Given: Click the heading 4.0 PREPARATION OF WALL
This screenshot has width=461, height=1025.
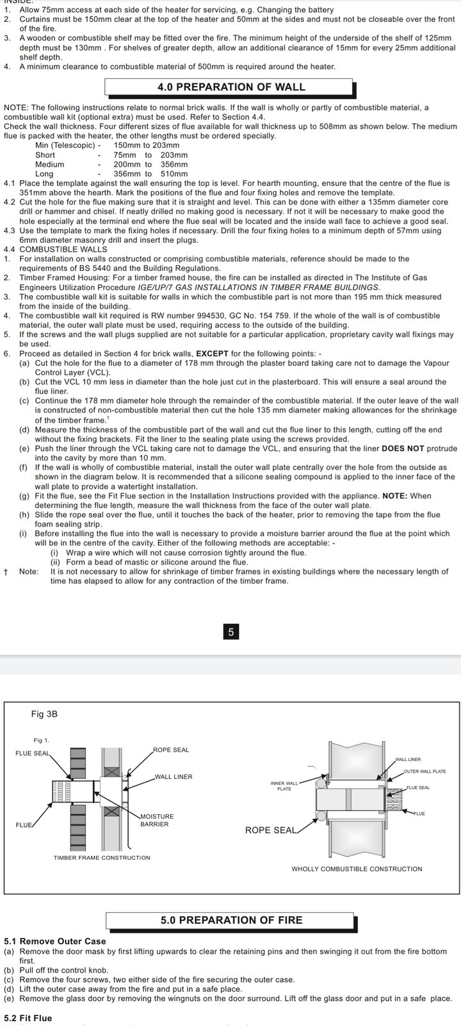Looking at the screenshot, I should (x=231, y=87).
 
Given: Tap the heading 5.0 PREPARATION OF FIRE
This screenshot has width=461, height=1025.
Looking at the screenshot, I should (x=231, y=920).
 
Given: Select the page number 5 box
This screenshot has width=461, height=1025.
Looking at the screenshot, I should (x=230, y=632).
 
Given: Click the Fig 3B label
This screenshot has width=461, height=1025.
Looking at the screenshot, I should (x=44, y=714).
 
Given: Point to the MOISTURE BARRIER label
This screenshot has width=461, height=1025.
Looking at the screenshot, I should (x=157, y=820).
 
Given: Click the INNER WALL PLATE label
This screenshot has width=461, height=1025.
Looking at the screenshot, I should (x=284, y=785).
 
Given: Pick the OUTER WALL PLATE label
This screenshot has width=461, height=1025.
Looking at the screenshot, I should (x=425, y=771).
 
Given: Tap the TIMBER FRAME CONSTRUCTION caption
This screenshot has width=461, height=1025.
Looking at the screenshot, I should (x=102, y=858).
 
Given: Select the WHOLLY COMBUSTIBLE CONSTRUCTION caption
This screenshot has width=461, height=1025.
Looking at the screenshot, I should (x=357, y=869).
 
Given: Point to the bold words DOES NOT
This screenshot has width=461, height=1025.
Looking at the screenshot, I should (x=403, y=448).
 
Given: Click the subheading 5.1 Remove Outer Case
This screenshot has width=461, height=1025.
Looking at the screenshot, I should (x=54, y=941).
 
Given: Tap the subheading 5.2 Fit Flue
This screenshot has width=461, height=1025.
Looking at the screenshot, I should (x=28, y=1018).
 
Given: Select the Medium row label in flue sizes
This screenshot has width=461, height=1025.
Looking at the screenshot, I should (x=49, y=164).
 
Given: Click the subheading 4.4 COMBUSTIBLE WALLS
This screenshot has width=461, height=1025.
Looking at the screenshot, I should (x=56, y=249).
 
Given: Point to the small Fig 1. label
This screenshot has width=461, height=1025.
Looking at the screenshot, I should (x=41, y=741).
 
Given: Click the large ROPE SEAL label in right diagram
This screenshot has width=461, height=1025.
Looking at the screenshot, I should (x=270, y=830).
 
